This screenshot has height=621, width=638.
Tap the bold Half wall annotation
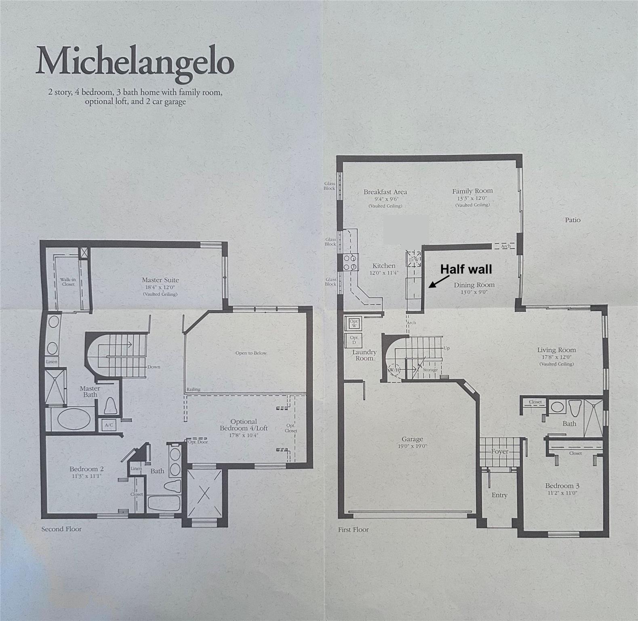[466, 269]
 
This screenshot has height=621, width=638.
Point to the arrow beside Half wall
[439, 281]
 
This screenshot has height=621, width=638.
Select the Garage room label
[412, 439]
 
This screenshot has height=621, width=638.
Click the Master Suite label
[160, 280]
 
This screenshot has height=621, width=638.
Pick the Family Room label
[472, 191]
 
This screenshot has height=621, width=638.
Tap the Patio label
[573, 220]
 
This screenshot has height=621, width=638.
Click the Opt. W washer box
[354, 323]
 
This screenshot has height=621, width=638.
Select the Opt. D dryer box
[354, 340]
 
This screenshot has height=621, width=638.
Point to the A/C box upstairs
[109, 425]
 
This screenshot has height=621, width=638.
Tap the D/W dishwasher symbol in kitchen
[414, 259]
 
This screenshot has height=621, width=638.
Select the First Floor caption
[353, 529]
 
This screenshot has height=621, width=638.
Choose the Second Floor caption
[61, 529]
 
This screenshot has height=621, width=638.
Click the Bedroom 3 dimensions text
[562, 493]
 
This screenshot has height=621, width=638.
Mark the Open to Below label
[251, 353]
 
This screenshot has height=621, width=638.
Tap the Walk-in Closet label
[68, 282]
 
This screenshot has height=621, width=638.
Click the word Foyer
[499, 451]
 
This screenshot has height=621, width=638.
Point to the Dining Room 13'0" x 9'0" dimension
[474, 291]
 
